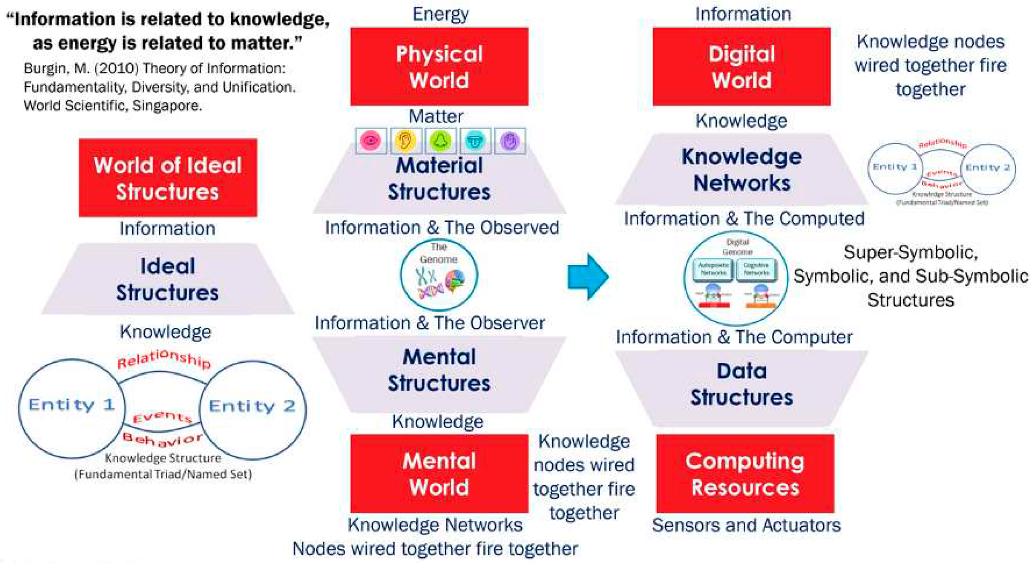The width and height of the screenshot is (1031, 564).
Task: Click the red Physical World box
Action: point(439,67)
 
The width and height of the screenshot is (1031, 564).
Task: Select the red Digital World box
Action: point(742,67)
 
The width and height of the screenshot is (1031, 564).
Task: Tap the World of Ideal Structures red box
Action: point(168,178)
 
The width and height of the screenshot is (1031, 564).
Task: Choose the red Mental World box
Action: point(439,473)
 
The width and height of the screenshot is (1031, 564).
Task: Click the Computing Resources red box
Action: point(745,473)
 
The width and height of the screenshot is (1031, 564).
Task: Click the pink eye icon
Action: point(371,141)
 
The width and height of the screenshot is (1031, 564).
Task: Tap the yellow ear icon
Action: point(405,141)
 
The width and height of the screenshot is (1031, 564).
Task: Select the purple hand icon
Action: point(510,141)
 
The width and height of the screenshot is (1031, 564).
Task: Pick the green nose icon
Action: point(440,141)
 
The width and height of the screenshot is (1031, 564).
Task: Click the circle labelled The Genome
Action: point(438,275)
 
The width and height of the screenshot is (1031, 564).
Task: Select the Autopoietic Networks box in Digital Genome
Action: point(713,269)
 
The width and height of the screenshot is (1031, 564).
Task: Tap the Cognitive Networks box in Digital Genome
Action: point(756,269)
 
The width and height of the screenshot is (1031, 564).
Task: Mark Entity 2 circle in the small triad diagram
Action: point(988,168)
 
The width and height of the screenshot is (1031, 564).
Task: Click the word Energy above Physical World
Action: point(440,14)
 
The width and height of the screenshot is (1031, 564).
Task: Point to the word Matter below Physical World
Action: point(436,116)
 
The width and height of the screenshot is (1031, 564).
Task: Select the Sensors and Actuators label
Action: point(746,525)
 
